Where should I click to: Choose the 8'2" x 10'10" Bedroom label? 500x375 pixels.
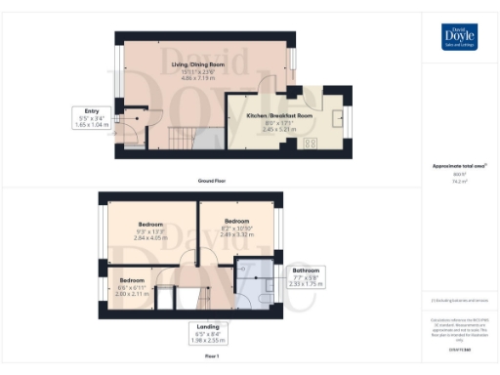click(237, 228)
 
